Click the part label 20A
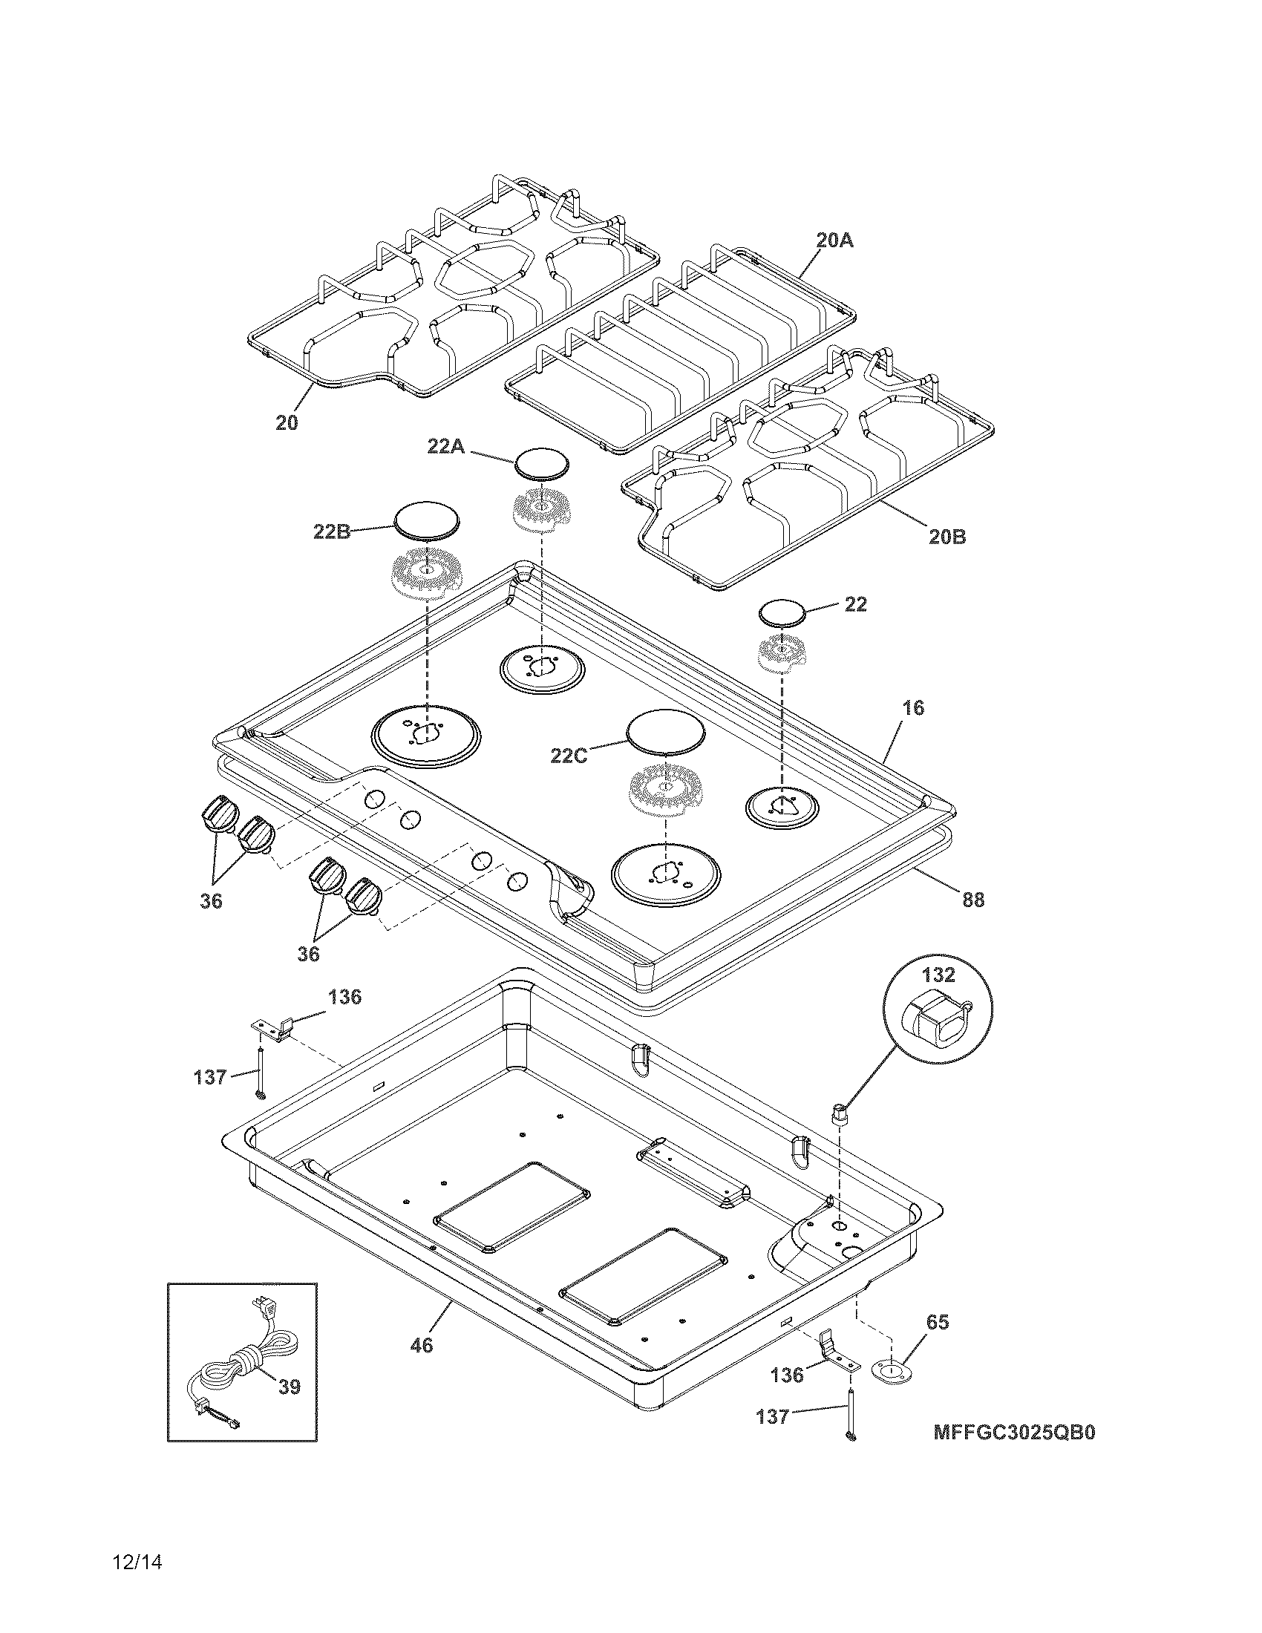(834, 240)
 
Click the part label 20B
(947, 536)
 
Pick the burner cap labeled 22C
(666, 729)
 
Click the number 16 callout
(912, 707)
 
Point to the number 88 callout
(972, 900)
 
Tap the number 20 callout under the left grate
(287, 422)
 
